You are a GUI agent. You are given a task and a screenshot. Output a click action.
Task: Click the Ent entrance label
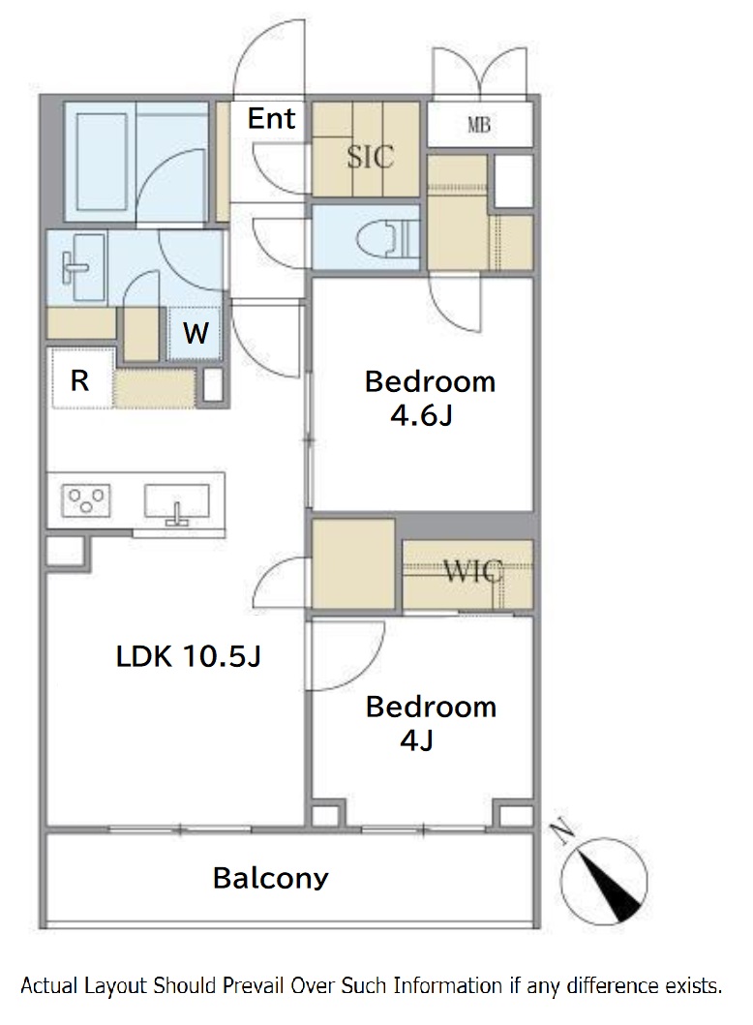271,118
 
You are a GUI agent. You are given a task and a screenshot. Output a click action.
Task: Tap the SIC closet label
370,157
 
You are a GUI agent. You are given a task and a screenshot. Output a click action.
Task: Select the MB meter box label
479,124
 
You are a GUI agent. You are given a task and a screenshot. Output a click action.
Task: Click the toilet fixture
390,237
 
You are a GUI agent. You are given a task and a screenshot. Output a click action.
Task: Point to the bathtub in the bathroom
102,161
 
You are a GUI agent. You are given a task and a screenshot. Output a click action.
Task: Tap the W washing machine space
195,333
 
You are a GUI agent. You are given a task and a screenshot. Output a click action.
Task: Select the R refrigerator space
80,379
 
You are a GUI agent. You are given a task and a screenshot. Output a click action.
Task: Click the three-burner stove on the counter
85,501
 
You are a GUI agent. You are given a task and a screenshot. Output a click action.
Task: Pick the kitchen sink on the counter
176,504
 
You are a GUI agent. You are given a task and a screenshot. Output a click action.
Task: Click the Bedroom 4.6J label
430,398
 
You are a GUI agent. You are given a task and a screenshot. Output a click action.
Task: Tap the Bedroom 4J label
431,723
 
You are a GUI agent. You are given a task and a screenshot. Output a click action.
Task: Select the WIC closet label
473,571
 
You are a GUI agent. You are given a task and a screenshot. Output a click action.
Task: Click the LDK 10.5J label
188,655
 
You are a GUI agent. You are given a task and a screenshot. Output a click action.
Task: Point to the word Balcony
270,878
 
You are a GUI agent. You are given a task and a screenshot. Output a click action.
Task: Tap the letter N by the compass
561,831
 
